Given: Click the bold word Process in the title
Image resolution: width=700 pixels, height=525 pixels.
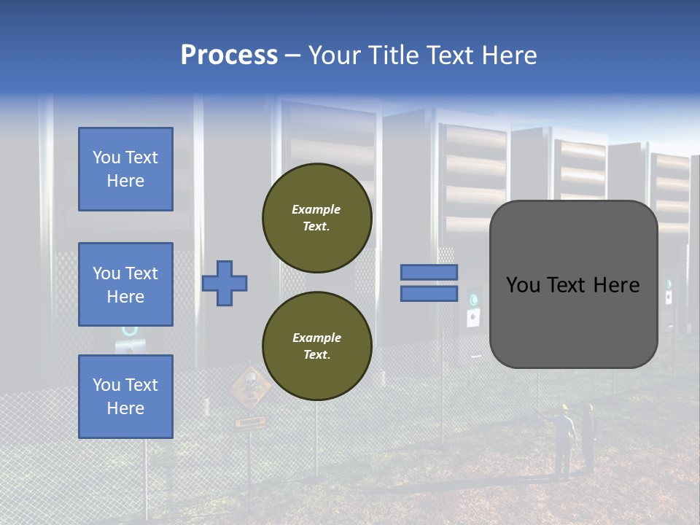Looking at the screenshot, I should (x=229, y=55).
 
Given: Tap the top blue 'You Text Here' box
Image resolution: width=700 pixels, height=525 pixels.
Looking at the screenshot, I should (x=125, y=169).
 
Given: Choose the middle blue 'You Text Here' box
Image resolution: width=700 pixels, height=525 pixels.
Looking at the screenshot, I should (x=125, y=284).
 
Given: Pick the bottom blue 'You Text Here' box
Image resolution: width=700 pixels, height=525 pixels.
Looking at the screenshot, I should (x=125, y=396).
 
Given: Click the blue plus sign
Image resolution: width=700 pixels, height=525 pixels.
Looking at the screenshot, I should (x=225, y=283).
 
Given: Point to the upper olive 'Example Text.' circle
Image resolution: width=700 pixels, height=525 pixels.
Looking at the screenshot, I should (x=317, y=217).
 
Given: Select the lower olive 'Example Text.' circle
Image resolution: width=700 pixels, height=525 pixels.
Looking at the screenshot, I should (x=317, y=346).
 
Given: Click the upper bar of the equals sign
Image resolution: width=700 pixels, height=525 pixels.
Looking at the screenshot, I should (x=429, y=272).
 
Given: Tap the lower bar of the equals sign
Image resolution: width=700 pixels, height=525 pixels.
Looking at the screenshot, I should (x=429, y=294).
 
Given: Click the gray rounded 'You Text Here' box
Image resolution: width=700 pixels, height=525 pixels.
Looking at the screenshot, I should (x=573, y=284).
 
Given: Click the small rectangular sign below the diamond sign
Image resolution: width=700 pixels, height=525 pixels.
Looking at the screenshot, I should (x=250, y=421).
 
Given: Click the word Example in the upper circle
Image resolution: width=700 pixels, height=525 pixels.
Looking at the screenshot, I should (x=316, y=209).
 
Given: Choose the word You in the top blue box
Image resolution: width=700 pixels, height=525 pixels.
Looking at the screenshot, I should (x=106, y=157).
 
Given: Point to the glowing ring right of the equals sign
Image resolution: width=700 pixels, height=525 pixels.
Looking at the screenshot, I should (x=474, y=299).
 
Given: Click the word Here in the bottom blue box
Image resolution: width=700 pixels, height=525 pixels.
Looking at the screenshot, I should (x=125, y=408).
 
